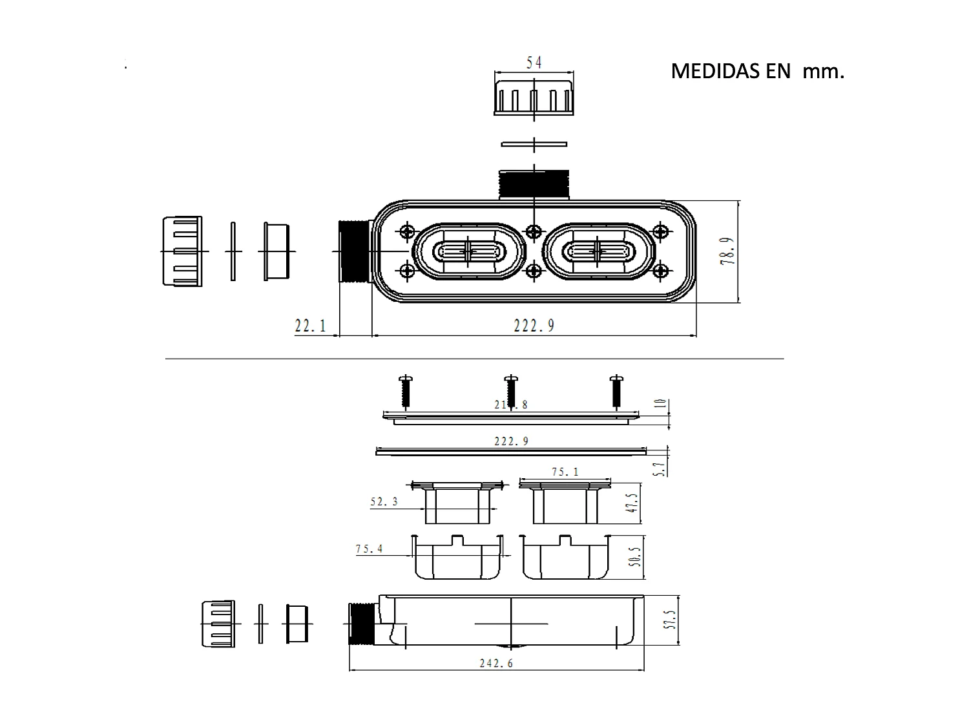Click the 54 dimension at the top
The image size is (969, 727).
[534, 63]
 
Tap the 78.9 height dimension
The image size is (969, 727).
[729, 251]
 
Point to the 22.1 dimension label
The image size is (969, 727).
[311, 326]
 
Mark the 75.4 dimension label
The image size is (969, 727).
[369, 549]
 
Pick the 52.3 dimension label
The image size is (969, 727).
[384, 501]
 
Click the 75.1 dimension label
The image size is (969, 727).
[565, 472]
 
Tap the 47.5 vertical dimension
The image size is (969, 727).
[632, 503]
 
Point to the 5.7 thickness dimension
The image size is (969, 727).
[660, 468]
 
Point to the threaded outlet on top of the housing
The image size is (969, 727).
[534, 184]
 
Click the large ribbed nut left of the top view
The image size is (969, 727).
[182, 251]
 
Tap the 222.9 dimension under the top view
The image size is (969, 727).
[534, 326]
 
